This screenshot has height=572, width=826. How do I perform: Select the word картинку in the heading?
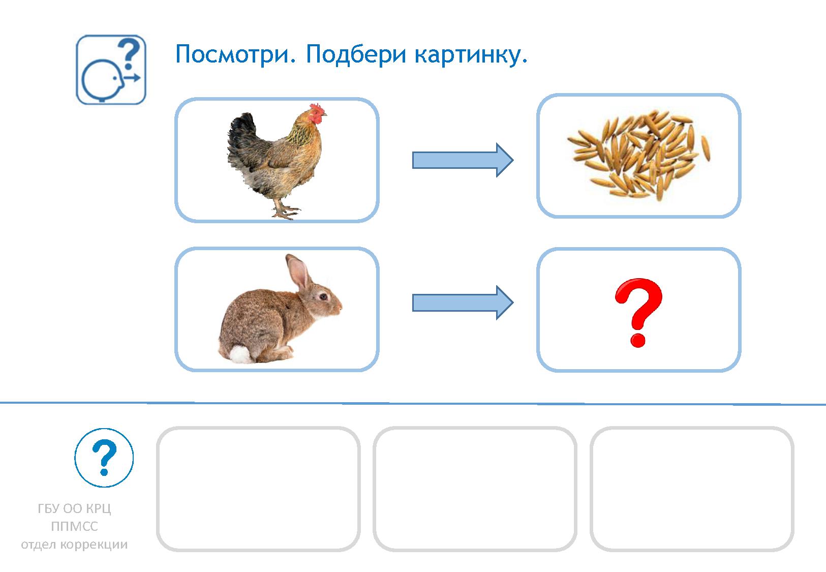coord(471,54)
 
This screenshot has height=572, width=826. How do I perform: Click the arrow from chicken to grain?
coord(462,160)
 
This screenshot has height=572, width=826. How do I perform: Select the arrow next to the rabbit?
coord(462,303)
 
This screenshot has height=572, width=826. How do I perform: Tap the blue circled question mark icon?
coord(104,458)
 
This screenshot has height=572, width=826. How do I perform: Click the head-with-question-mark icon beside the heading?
coord(111,70)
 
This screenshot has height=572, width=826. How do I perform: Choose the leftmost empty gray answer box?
coord(258,489)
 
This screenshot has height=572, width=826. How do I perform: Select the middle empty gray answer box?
coord(475,489)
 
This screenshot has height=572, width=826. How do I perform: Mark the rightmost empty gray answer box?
coord(692,489)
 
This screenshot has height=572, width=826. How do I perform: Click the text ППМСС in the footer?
coord(74,526)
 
